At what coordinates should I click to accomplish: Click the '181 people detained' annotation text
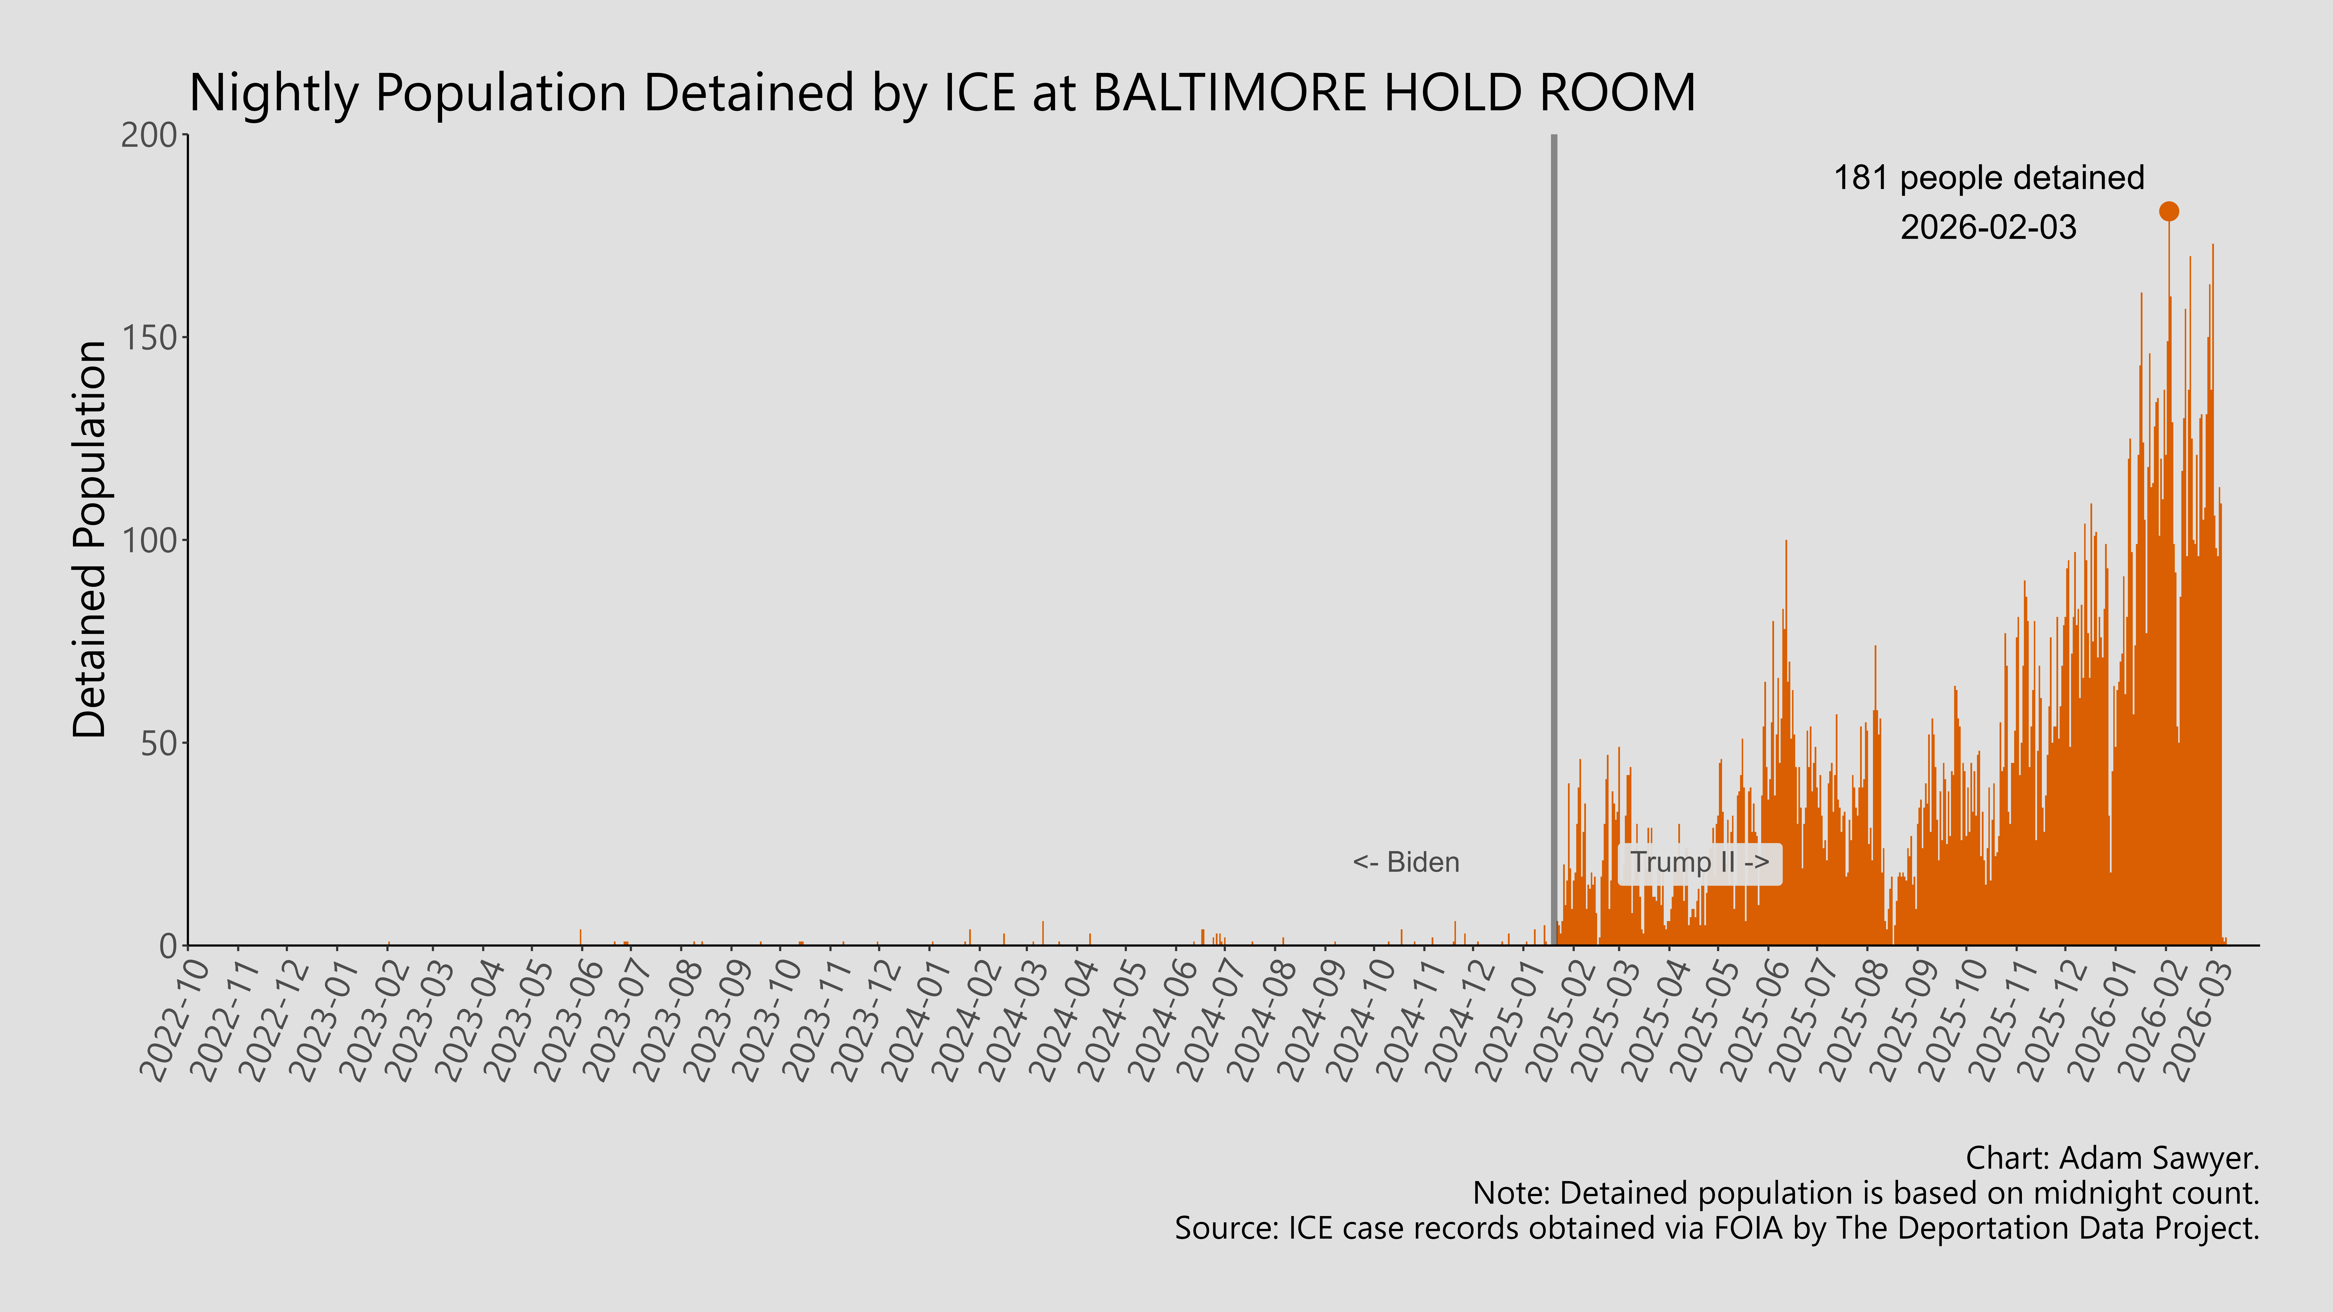[x=1989, y=177]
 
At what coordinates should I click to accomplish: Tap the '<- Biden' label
[x=1406, y=862]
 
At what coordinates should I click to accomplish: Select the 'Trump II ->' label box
[x=1699, y=862]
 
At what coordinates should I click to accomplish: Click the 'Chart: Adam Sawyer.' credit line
[x=2112, y=1158]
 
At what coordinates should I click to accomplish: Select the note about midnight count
[x=1866, y=1193]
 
